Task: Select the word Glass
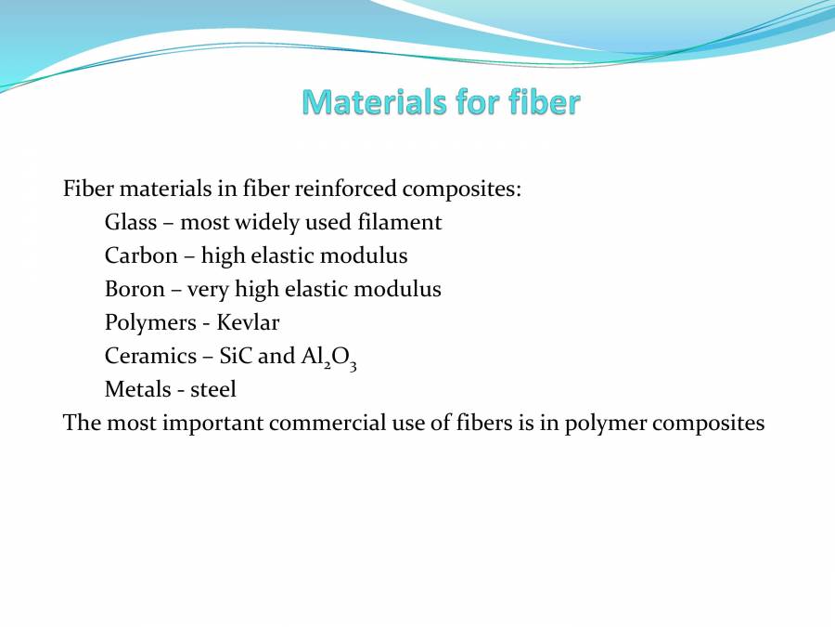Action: [131, 223]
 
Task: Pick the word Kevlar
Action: [248, 322]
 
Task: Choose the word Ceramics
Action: [149, 356]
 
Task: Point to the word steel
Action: [213, 389]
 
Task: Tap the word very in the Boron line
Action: [208, 290]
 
